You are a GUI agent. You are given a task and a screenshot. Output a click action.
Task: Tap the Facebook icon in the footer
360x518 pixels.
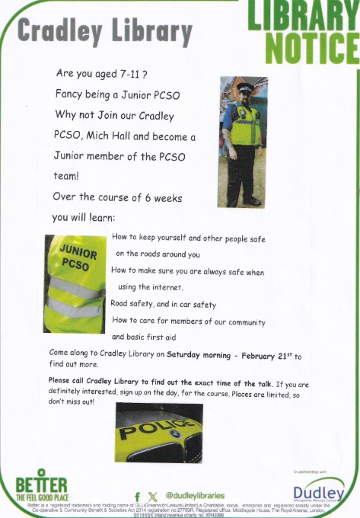[x=137, y=496]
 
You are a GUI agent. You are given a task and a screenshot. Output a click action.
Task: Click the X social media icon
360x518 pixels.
[x=153, y=496]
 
